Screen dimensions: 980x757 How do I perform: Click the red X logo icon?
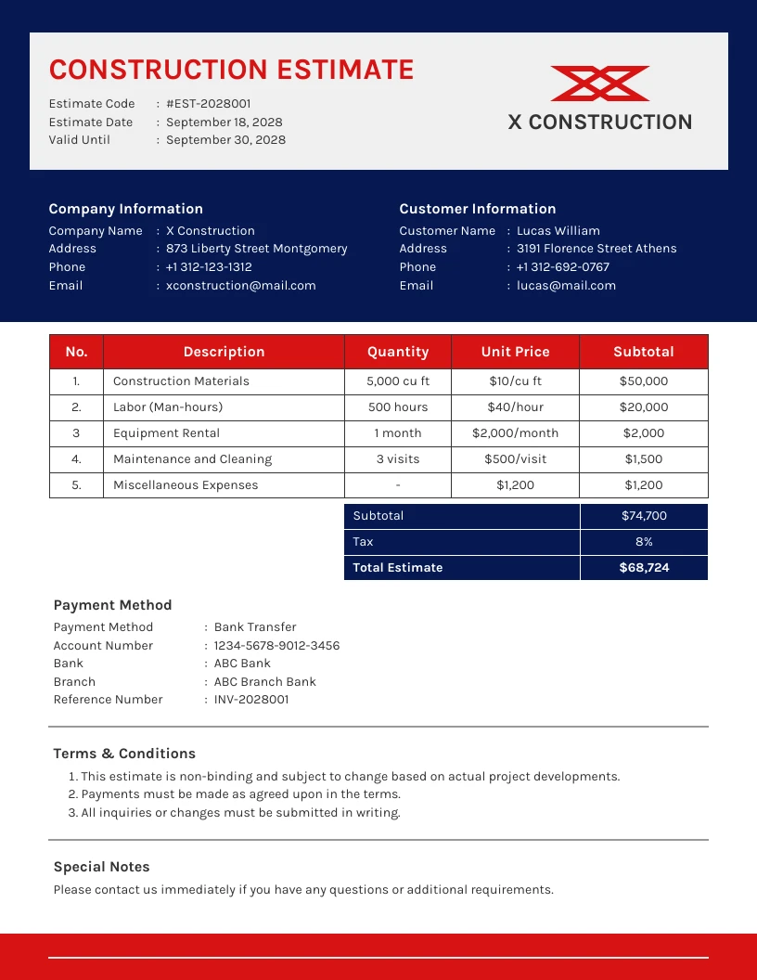click(x=599, y=84)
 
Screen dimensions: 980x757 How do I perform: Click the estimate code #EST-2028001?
click(x=208, y=104)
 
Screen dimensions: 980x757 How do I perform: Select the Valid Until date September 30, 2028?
click(x=225, y=140)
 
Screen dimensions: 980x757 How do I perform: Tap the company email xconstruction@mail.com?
click(x=240, y=286)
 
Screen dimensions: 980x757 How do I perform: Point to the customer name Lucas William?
click(x=558, y=231)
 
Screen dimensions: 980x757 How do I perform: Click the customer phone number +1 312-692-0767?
click(x=562, y=267)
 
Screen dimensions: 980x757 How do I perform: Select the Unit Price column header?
click(x=515, y=352)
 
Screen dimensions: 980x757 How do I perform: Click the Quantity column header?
click(x=397, y=352)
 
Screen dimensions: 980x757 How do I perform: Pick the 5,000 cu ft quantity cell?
click(x=397, y=381)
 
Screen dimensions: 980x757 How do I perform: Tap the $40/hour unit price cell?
click(x=515, y=407)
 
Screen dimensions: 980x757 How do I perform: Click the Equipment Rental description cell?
click(x=167, y=433)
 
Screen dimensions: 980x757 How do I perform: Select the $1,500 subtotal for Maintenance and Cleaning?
click(x=643, y=459)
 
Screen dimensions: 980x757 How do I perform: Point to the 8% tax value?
click(x=644, y=542)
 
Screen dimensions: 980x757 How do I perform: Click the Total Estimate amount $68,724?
click(x=644, y=568)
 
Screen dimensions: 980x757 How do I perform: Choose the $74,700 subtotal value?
click(x=644, y=516)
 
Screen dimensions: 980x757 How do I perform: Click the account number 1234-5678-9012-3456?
click(x=276, y=646)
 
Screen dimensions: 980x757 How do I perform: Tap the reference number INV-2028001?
click(x=250, y=700)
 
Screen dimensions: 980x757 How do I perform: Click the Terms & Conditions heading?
click(x=124, y=754)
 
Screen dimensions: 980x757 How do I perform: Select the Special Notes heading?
click(x=101, y=867)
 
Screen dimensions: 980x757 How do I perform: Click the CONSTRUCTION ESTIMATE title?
click(x=231, y=70)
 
